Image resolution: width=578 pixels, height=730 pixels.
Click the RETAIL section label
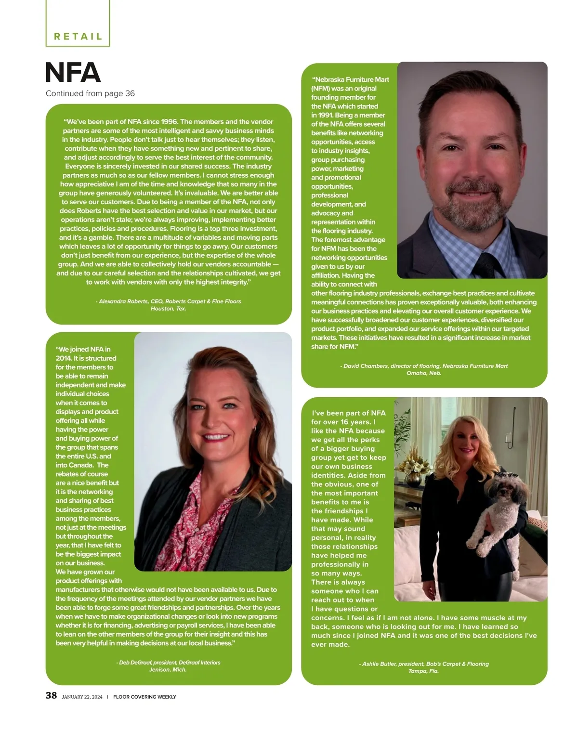click(x=78, y=37)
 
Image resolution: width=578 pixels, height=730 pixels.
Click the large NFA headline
click(x=73, y=73)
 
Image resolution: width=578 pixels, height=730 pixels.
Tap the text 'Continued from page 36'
click(x=90, y=93)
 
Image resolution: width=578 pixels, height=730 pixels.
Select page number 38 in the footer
click(x=51, y=695)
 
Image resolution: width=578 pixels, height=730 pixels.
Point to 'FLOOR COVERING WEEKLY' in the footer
click(x=144, y=697)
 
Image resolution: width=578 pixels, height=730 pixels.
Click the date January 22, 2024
click(x=82, y=697)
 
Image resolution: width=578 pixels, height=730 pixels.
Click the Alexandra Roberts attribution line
click(x=169, y=301)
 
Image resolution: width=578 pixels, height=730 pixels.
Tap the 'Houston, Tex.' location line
click(x=169, y=309)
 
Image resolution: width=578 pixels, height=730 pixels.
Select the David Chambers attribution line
click(x=424, y=366)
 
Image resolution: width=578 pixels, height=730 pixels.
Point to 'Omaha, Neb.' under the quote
click(x=424, y=373)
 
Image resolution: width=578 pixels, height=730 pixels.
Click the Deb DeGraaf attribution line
click(x=168, y=663)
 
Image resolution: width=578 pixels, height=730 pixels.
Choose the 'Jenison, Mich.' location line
click(x=168, y=670)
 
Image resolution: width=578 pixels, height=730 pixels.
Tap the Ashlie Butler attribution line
click(x=424, y=664)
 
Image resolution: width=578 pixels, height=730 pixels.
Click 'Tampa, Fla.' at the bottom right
click(x=424, y=671)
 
